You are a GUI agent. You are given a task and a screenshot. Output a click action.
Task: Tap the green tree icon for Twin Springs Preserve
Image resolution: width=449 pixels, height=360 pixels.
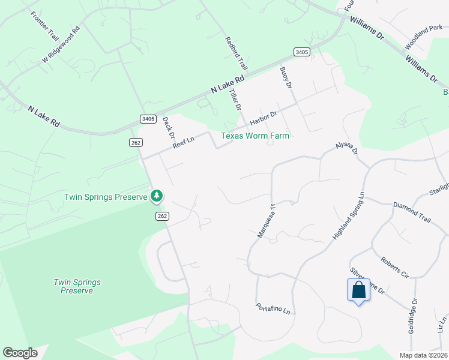point(157,196)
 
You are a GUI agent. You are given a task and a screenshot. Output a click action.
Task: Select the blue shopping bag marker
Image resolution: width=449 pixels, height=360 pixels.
point(358,290)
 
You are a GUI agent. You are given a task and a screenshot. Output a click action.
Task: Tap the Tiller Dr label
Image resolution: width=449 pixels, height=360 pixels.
point(237,99)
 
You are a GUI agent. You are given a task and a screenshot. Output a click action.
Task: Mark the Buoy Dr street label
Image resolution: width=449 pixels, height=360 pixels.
point(286,78)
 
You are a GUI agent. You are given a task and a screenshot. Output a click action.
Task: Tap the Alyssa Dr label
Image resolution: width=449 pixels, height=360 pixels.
point(347,154)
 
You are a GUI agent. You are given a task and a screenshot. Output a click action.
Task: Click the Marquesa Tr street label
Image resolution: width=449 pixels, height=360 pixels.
point(265,221)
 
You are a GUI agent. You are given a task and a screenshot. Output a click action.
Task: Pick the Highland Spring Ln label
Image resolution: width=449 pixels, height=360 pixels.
point(349,217)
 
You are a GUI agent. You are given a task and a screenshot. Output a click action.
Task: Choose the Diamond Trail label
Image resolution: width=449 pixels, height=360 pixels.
point(412,213)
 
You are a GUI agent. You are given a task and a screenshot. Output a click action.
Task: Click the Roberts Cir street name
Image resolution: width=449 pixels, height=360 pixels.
point(395,268)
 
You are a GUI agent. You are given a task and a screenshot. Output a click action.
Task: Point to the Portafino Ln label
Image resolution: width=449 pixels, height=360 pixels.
point(273,308)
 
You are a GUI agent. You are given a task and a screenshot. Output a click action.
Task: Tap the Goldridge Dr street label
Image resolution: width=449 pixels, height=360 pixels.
point(413,316)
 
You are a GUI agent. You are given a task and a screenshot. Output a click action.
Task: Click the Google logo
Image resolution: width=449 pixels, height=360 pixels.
point(20,353)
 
